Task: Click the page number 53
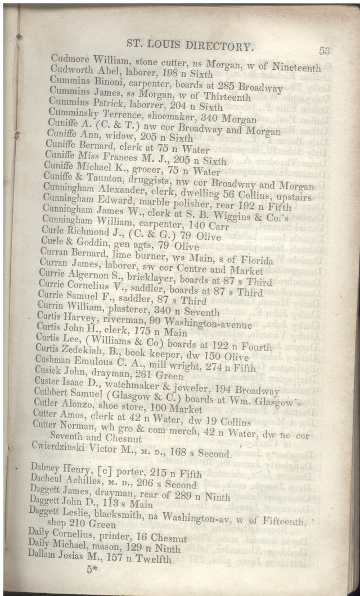[x=324, y=50]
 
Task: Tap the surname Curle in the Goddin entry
[x=53, y=241]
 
